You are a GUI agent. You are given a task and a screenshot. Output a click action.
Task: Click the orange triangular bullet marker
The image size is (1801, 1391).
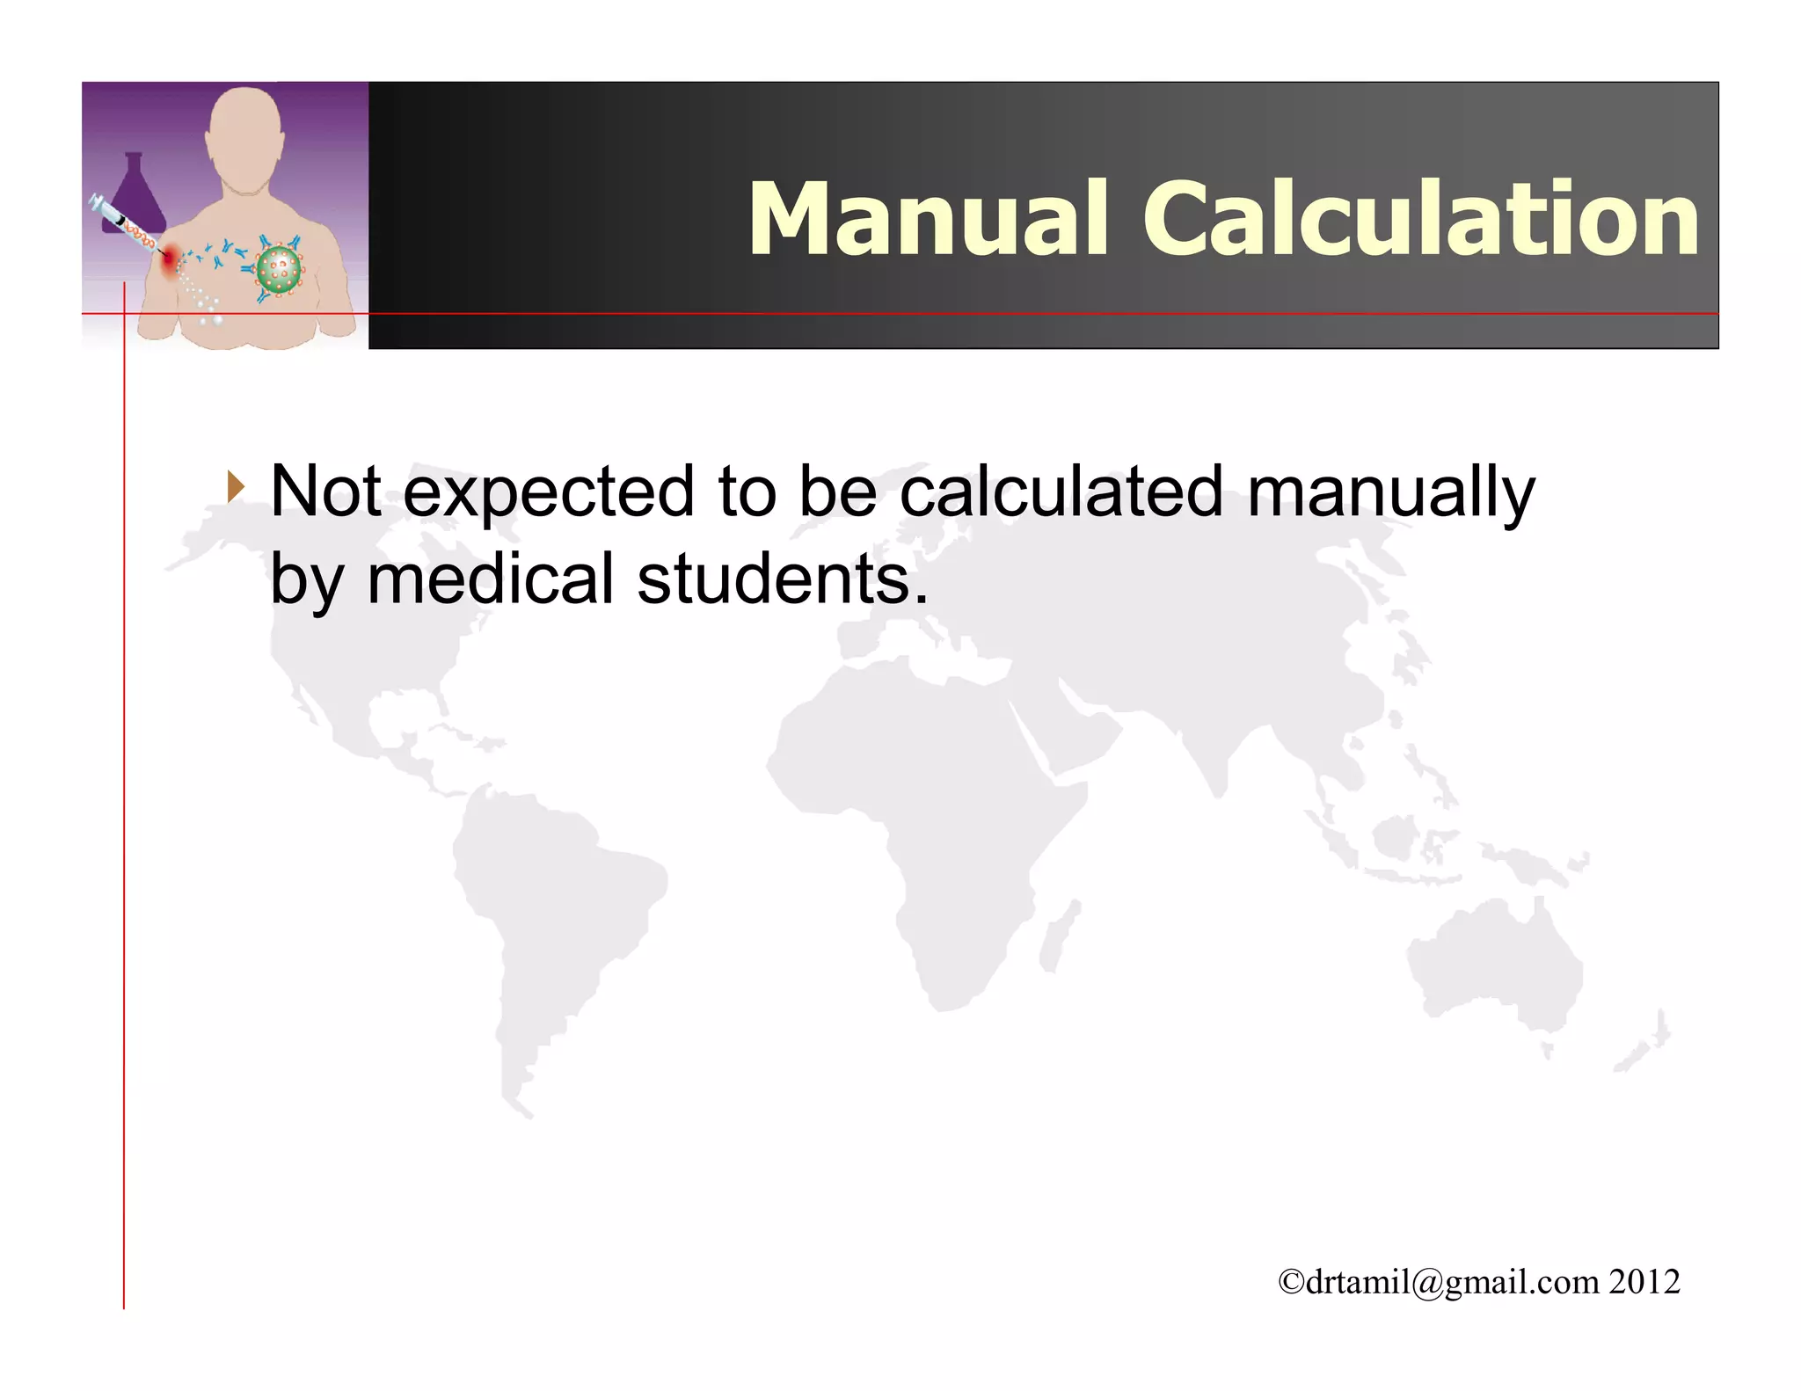(x=235, y=486)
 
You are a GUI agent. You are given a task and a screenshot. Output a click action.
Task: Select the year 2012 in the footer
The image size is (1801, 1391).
(x=1644, y=1282)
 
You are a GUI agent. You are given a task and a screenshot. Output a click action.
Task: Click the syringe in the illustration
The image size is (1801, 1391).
(x=123, y=225)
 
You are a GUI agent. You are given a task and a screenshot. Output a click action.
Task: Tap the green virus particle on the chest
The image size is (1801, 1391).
(x=279, y=269)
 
